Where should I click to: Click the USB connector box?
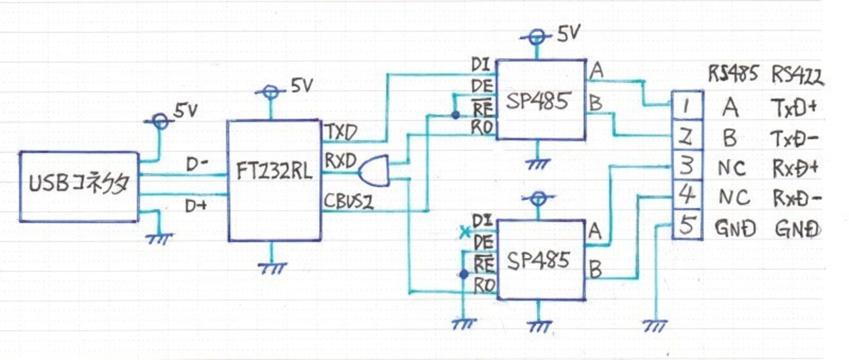79,187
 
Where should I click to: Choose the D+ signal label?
195,206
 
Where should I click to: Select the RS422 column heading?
797,76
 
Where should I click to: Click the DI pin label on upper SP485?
481,65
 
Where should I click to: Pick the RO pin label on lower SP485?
483,285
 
